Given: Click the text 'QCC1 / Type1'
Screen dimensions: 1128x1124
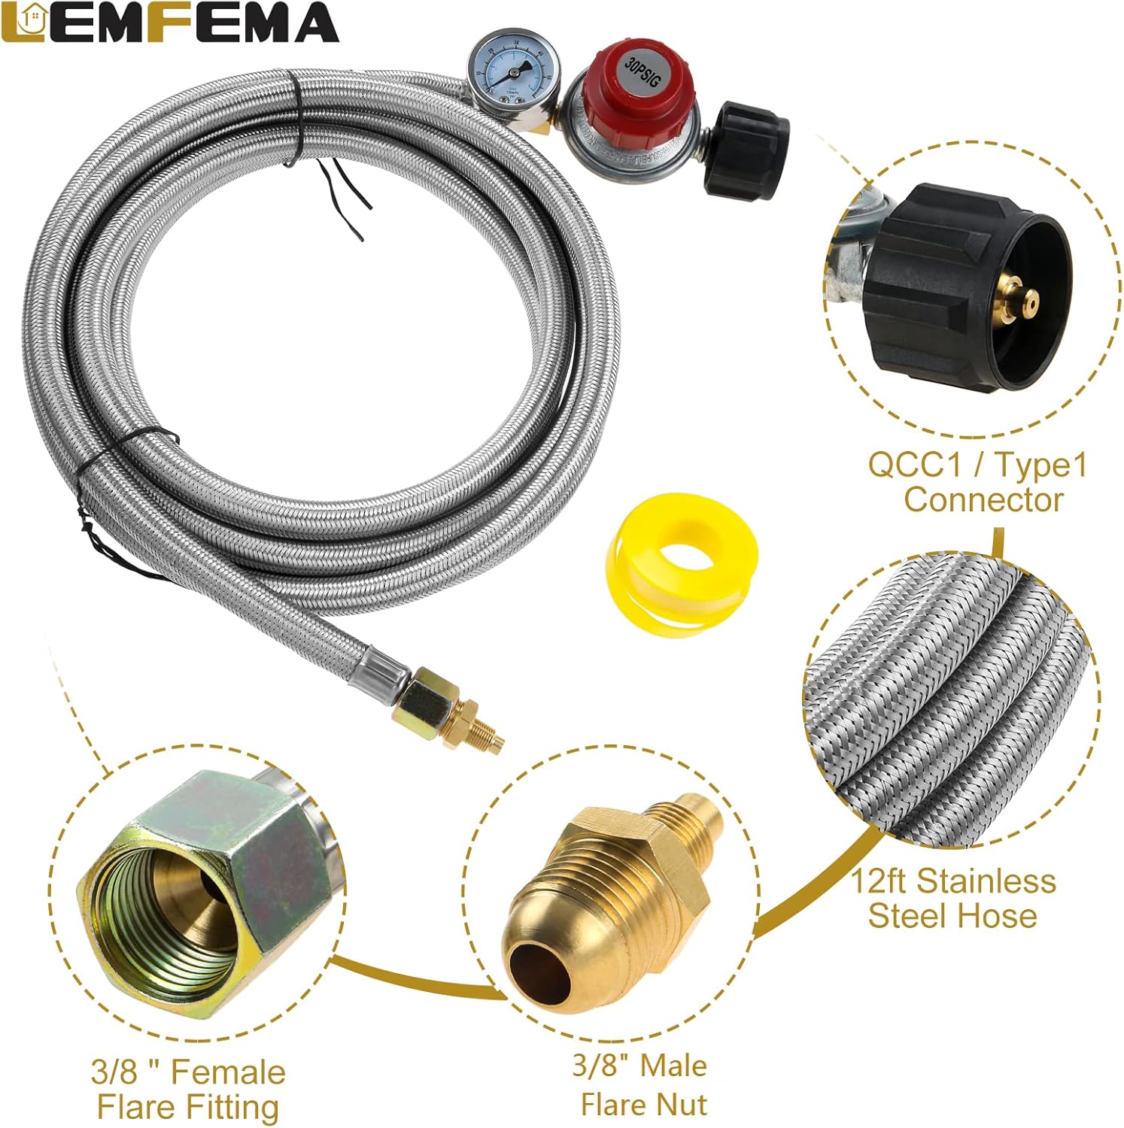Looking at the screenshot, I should click(977, 465).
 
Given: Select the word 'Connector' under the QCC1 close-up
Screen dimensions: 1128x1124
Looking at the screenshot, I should click(983, 499).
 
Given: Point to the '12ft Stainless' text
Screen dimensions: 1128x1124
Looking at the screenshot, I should click(953, 881).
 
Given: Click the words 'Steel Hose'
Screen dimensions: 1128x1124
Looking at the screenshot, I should click(952, 915).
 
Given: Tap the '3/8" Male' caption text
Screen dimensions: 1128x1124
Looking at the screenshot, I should click(639, 1066).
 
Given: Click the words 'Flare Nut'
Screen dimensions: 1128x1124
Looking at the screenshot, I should click(643, 1104).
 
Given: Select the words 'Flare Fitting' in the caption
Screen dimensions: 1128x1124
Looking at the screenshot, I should click(188, 1107).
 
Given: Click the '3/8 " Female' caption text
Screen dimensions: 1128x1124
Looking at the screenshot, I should click(188, 1072).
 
